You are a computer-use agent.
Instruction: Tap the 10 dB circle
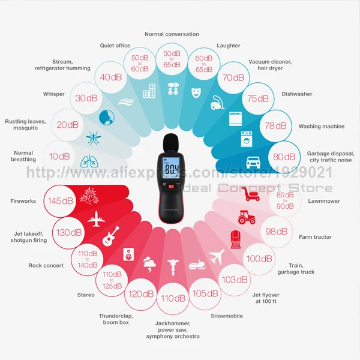point(60,156)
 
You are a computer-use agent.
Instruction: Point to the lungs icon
point(89,161)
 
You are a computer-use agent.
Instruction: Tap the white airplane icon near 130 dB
point(96,220)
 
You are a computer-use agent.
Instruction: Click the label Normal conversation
point(172,34)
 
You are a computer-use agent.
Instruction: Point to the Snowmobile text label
point(227,316)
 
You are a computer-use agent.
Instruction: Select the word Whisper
point(54,94)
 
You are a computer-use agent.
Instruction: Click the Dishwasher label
point(297,94)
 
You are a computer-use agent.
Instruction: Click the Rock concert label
point(46,265)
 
